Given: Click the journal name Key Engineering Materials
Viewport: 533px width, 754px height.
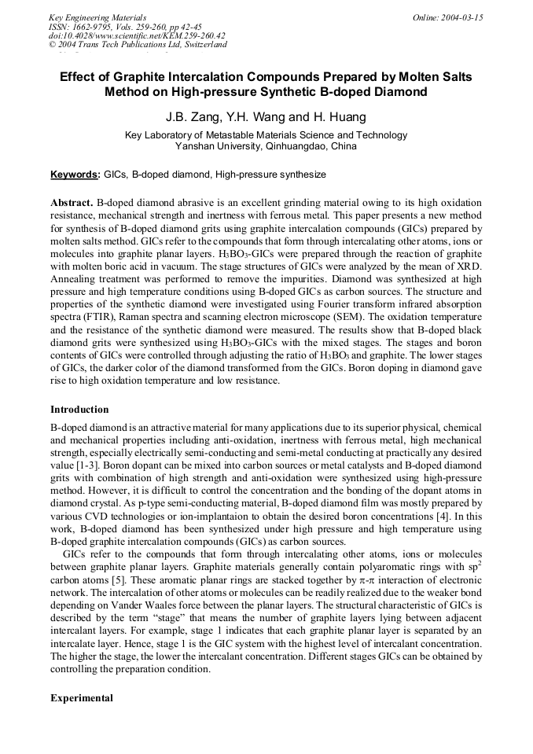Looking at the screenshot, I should (x=97, y=17).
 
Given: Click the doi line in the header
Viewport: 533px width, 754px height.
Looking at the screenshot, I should (x=137, y=35).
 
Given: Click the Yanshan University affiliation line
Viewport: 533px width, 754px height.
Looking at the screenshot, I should (x=266, y=146).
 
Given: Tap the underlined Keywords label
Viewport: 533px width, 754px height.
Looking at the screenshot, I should (x=75, y=174).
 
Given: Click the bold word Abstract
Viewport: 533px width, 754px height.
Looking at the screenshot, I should (x=72, y=202).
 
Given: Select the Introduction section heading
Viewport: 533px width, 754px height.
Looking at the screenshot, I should (x=79, y=410).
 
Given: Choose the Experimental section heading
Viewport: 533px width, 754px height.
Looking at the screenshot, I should (x=82, y=698).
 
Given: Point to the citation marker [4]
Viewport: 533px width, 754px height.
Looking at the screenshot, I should (x=445, y=503).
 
